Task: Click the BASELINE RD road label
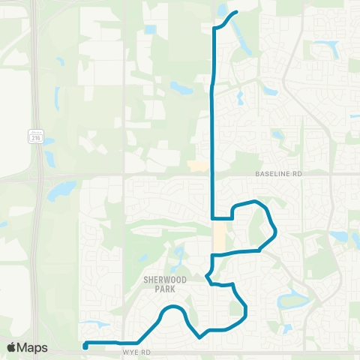277,173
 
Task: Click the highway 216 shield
35,136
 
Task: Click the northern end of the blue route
236,12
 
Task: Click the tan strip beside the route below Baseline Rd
218,238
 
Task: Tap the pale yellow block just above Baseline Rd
199,166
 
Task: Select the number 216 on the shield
35,138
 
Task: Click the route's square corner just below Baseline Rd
213,218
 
